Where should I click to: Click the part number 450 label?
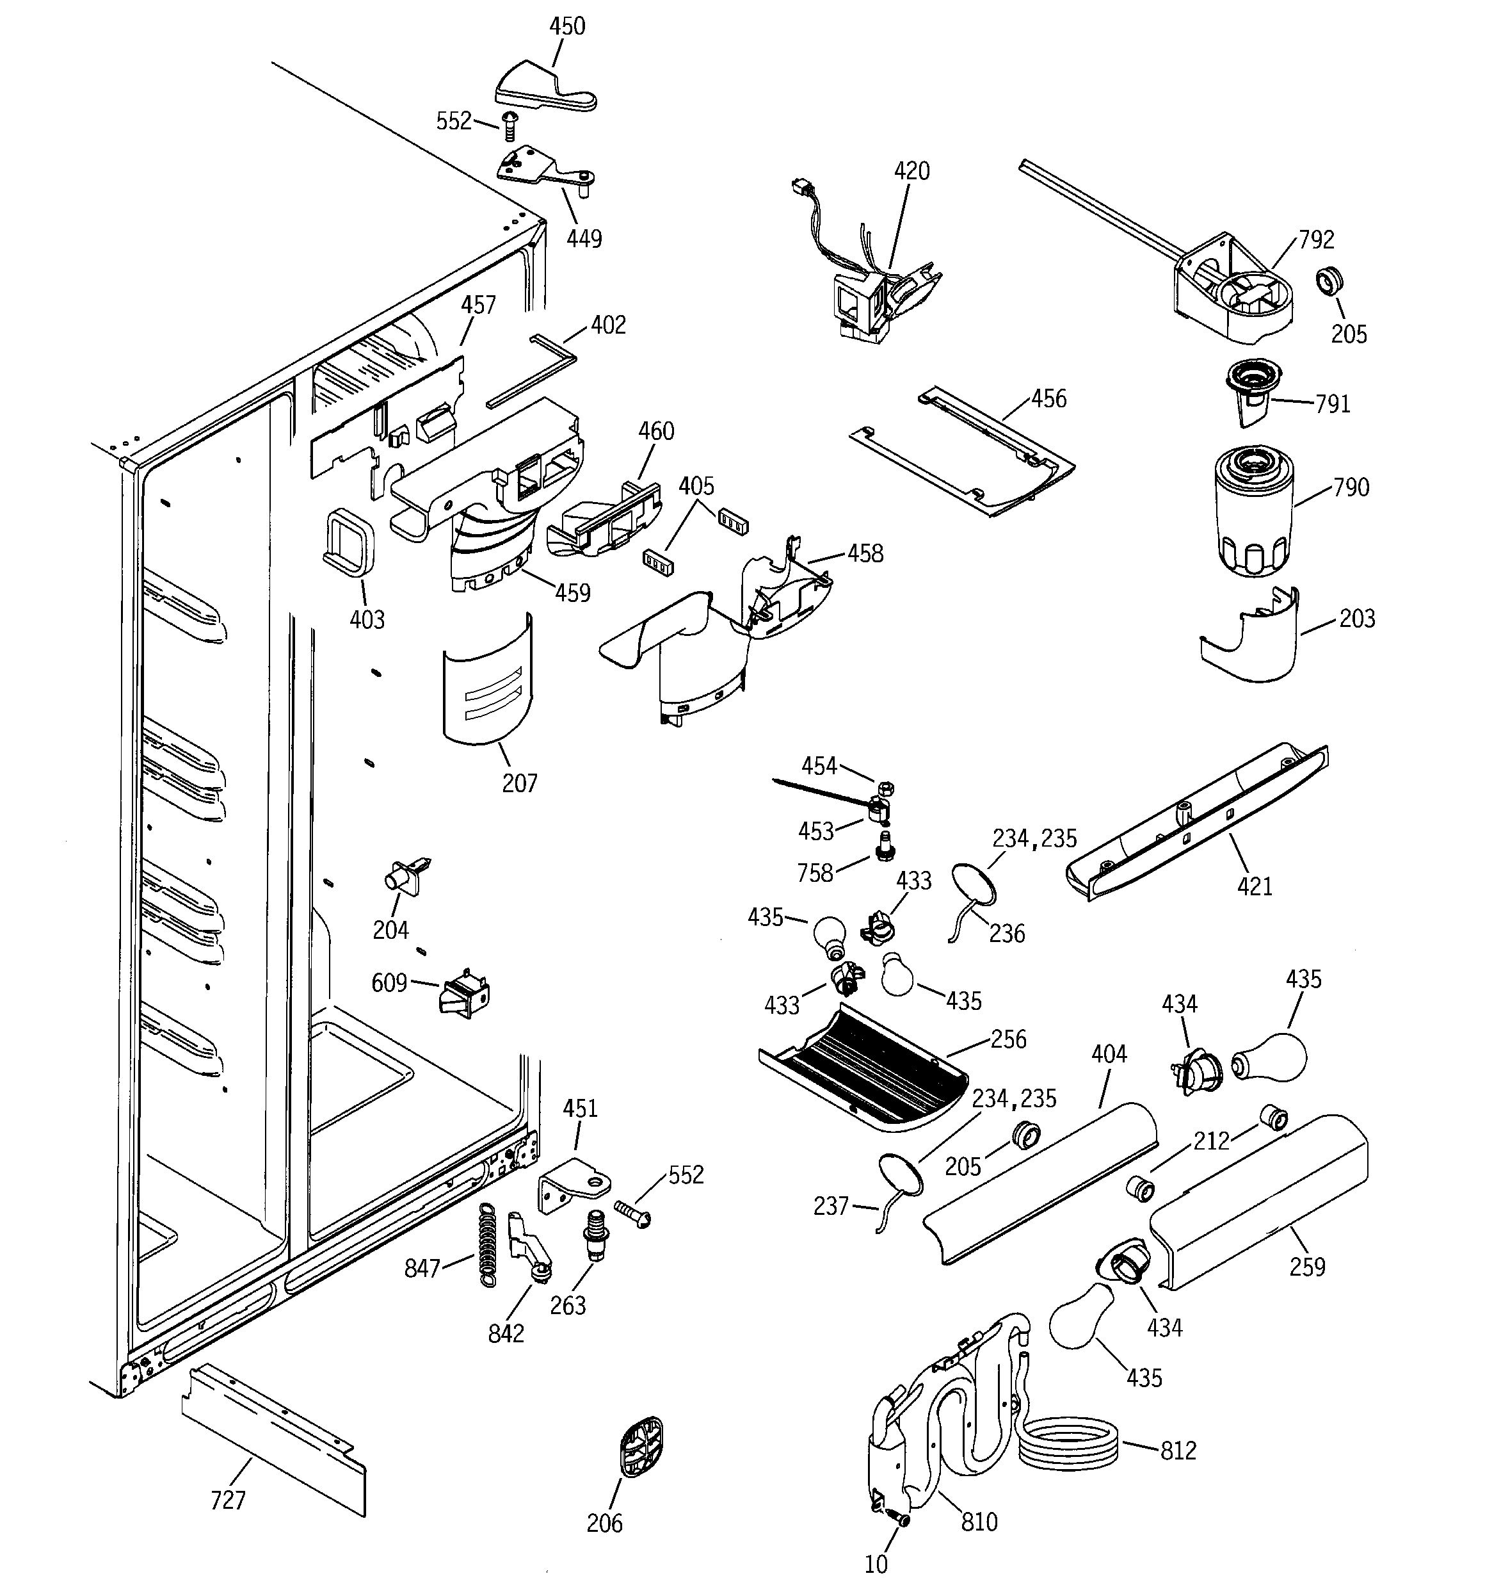[566, 26]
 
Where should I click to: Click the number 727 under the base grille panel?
[228, 1500]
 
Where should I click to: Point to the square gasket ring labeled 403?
[348, 541]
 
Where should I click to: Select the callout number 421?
[1255, 886]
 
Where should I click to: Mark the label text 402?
[608, 325]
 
